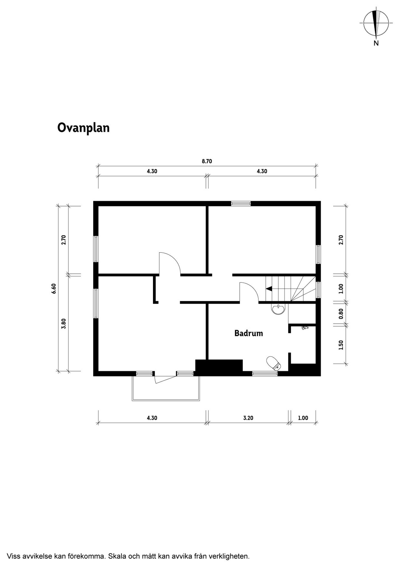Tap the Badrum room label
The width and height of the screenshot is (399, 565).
coord(249,333)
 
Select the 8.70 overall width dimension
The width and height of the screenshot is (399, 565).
coord(207,161)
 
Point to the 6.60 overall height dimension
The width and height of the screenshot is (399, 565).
coord(54,289)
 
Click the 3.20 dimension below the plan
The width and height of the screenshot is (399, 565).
coord(248,418)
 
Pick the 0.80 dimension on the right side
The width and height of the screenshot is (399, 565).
coord(341,314)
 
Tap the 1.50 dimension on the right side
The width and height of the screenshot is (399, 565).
coord(341,345)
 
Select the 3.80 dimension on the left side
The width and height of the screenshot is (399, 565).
coord(64,324)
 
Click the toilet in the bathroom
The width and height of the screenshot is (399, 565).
coord(274,363)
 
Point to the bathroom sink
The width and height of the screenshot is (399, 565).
coord(278,309)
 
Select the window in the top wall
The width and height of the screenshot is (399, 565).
coord(241,204)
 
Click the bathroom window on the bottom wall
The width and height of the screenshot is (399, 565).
coord(265,374)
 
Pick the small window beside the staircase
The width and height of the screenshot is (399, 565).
coord(318,290)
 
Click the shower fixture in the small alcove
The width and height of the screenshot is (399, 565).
coord(305,328)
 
